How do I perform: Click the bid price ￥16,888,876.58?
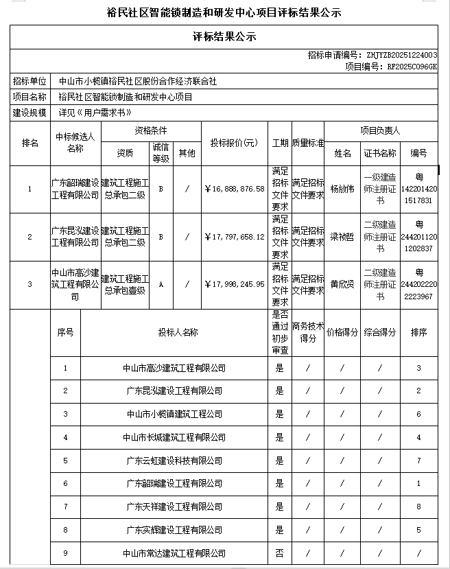[x=235, y=189]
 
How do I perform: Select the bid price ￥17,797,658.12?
[x=235, y=237]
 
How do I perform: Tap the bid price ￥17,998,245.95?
[x=235, y=284]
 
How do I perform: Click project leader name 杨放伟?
[x=342, y=189]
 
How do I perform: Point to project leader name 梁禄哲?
[x=342, y=237]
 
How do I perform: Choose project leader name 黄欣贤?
[x=342, y=284]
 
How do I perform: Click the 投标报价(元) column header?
[x=235, y=143]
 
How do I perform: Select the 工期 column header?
[x=280, y=143]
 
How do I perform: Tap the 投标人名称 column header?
[x=178, y=332]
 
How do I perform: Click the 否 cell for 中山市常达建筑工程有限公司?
[x=279, y=553]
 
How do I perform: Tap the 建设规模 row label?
[x=29, y=113]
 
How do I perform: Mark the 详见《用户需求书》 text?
[x=95, y=113]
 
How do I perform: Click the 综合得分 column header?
[x=380, y=332]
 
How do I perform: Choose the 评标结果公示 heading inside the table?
[x=225, y=37]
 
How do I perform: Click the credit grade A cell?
[x=161, y=284]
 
